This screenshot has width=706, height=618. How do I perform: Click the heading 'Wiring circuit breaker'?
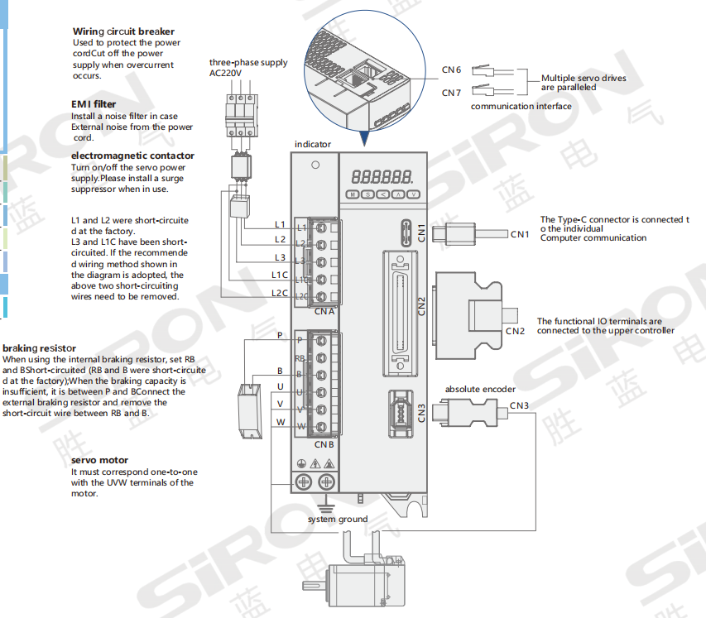coord(123,31)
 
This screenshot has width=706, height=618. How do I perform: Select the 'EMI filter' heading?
coord(94,104)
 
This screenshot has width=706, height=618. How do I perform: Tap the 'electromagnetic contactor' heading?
coord(132,156)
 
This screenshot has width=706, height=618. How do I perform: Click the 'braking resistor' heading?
coord(39,348)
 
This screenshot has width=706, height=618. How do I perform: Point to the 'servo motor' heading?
coord(99,461)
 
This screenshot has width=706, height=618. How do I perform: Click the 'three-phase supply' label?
coord(248,63)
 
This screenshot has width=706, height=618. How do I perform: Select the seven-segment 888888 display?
coord(382,177)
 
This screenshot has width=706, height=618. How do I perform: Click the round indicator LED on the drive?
coord(315,165)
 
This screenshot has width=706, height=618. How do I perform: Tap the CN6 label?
coord(451,69)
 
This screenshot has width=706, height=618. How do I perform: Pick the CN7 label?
coord(451,93)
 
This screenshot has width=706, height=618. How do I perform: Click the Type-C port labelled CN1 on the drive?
coord(406,232)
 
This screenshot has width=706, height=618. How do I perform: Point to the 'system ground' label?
coord(338,519)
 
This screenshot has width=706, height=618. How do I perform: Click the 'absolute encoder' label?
coord(480,390)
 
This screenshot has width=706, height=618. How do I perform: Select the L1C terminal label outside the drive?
coord(279,275)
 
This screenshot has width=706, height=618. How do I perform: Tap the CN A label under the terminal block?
coord(324,311)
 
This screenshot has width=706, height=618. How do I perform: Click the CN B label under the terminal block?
coord(324,445)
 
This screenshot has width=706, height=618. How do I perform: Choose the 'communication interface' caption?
coord(521,106)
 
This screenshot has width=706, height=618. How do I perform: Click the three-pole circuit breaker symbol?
coord(242,115)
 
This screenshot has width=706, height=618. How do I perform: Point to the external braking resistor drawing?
coord(250,411)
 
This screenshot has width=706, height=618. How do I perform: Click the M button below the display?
coord(353,194)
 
